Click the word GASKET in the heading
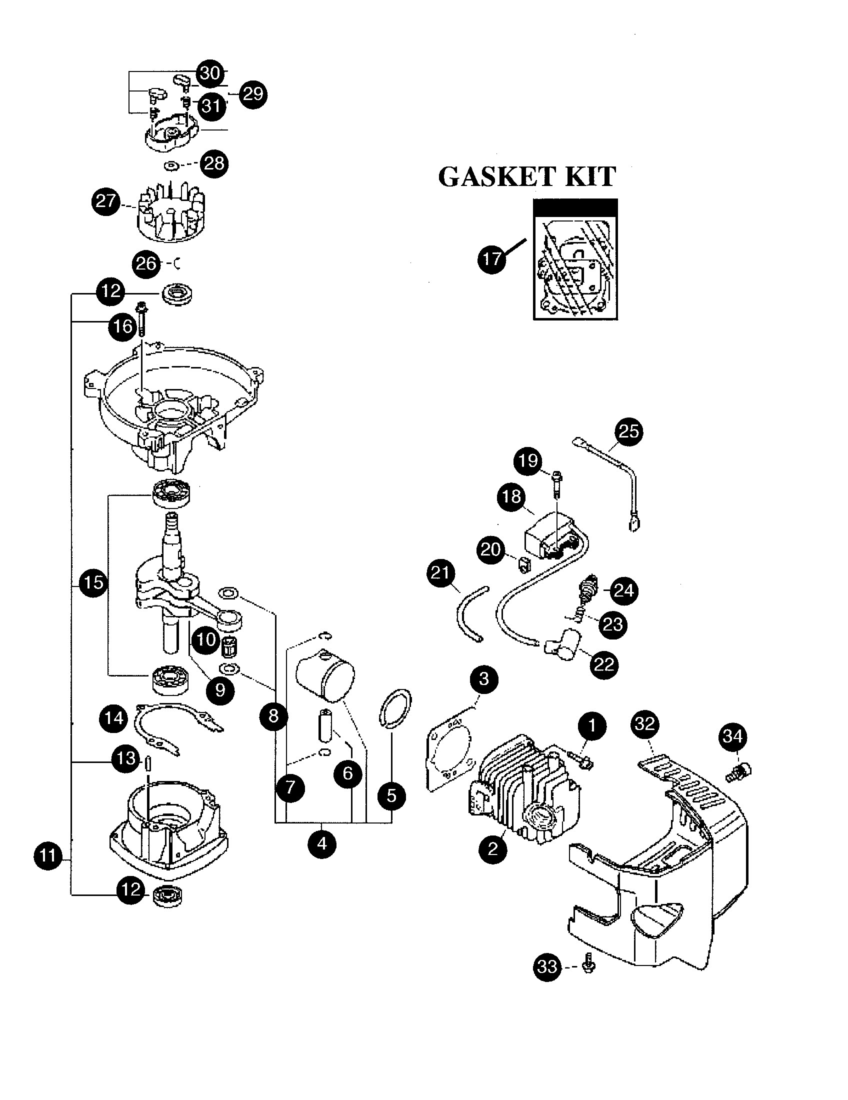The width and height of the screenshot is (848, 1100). [x=496, y=177]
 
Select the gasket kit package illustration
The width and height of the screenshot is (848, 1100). [x=575, y=259]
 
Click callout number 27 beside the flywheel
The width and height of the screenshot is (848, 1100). [x=105, y=202]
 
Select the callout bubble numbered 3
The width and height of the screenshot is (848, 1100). [x=483, y=679]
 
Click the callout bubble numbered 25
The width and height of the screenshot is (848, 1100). [x=628, y=431]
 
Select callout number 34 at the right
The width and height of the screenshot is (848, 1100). [x=732, y=737]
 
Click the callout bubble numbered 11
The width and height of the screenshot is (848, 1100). [x=48, y=855]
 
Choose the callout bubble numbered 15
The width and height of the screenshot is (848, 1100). [x=93, y=582]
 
